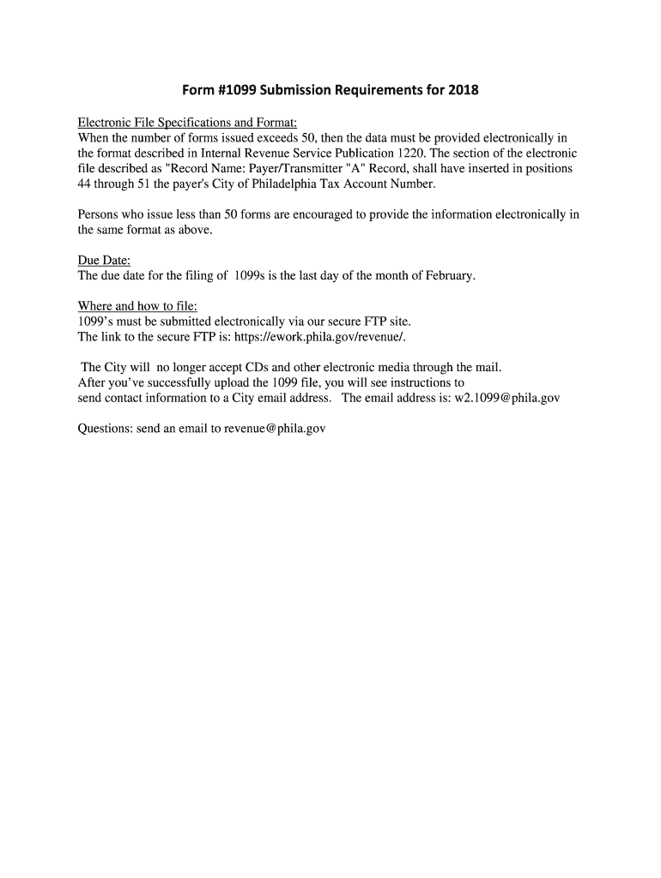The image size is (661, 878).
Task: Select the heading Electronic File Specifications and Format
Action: point(187,123)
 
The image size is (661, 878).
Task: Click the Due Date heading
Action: point(104,261)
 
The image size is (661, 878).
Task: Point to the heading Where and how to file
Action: point(137,306)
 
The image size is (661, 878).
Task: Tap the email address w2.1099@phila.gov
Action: point(506,399)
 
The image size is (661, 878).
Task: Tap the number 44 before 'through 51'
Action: point(85,184)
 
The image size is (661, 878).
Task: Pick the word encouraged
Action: point(314,214)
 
